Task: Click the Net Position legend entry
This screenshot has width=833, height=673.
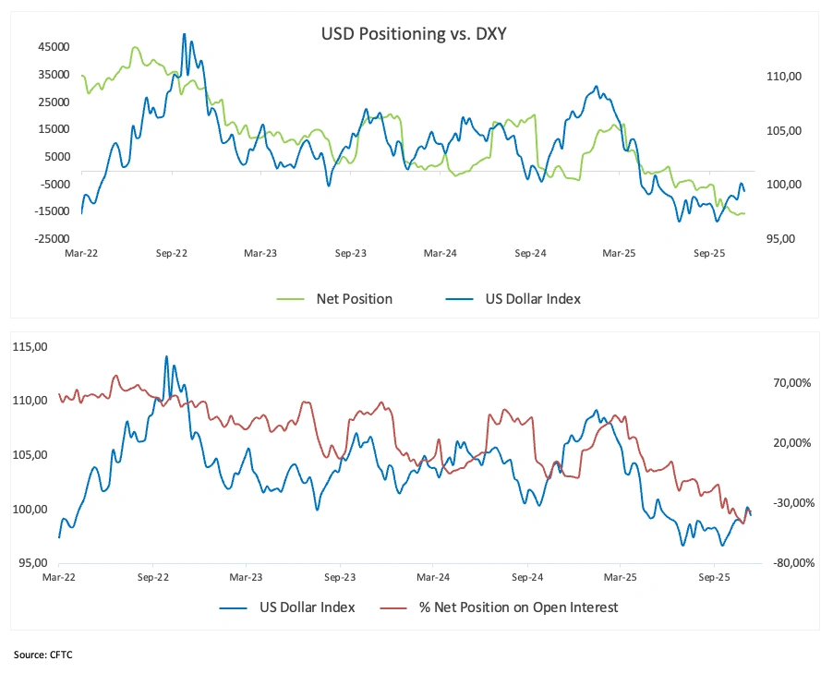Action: [x=354, y=298]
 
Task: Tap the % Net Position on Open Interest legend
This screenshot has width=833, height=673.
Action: [x=517, y=607]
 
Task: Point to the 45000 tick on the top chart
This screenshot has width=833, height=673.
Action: [x=54, y=47]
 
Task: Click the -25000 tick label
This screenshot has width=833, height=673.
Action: [x=52, y=238]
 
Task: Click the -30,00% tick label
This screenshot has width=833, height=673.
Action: [x=791, y=502]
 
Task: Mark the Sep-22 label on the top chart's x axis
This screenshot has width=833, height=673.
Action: [x=171, y=252]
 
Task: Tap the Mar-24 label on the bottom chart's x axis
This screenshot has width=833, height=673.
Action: [x=433, y=576]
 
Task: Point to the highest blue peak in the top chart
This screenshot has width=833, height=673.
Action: [x=184, y=34]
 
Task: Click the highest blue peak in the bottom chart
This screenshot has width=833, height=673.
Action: [x=166, y=355]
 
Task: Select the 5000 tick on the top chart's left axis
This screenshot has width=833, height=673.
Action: [x=57, y=156]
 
